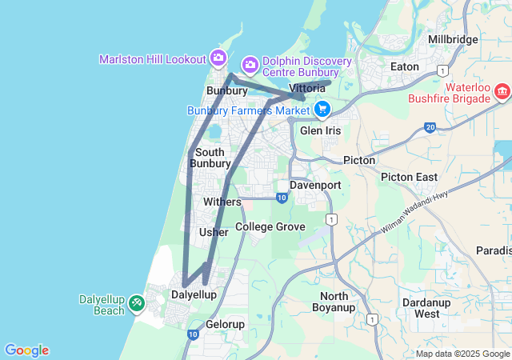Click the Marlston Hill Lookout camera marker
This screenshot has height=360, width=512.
pyautogui.click(x=218, y=58)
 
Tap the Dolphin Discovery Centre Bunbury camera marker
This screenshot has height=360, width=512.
pyautogui.click(x=250, y=62)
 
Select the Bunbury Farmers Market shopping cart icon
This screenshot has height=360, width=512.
pyautogui.click(x=322, y=108)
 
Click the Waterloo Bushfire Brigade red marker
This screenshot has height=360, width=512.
pyautogui.click(x=502, y=91)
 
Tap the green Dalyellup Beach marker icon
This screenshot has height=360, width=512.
pyautogui.click(x=136, y=303)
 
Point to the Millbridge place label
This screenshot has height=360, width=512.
pyautogui.click(x=453, y=39)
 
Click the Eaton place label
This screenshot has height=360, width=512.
pyautogui.click(x=404, y=66)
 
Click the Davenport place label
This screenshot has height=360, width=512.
pyautogui.click(x=315, y=185)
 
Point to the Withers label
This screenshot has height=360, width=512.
pyautogui.click(x=222, y=202)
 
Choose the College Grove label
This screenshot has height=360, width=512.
pyautogui.click(x=270, y=227)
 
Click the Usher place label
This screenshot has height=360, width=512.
pyautogui.click(x=214, y=232)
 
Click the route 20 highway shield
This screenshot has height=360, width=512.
pyautogui.click(x=430, y=127)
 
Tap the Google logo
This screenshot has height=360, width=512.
pyautogui.click(x=26, y=350)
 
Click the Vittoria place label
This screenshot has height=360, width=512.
pyautogui.click(x=306, y=87)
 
